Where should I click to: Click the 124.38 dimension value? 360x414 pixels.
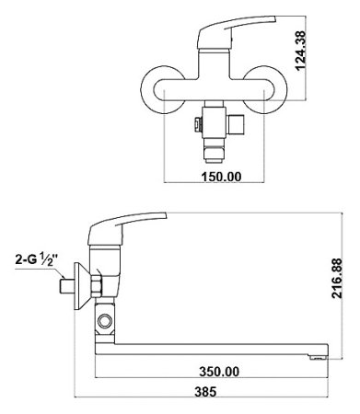[300, 51]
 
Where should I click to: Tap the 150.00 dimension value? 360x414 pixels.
[221, 177]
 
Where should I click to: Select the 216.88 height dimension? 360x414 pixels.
[337, 278]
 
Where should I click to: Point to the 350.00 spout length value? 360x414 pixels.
[219, 372]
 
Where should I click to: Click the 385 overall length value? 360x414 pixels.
[205, 391]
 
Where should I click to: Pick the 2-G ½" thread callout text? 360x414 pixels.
[37, 259]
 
